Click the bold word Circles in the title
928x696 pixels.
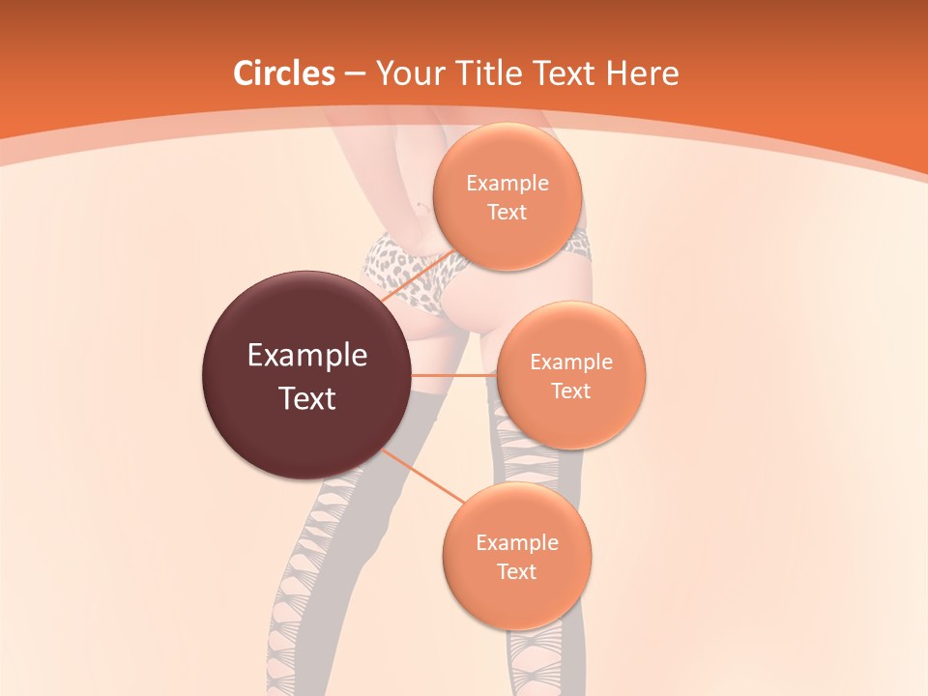click(284, 73)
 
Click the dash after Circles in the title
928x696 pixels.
click(355, 74)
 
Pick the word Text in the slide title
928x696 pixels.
click(565, 73)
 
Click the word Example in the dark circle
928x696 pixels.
click(307, 356)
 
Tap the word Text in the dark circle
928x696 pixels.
click(307, 398)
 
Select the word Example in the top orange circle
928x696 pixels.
click(507, 184)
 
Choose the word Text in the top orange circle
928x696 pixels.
click(507, 213)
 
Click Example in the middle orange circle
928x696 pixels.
click(571, 362)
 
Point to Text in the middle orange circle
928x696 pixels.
click(571, 391)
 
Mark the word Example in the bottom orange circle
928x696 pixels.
click(517, 543)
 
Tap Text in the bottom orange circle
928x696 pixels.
click(517, 572)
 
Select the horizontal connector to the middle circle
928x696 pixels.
click(453, 375)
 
